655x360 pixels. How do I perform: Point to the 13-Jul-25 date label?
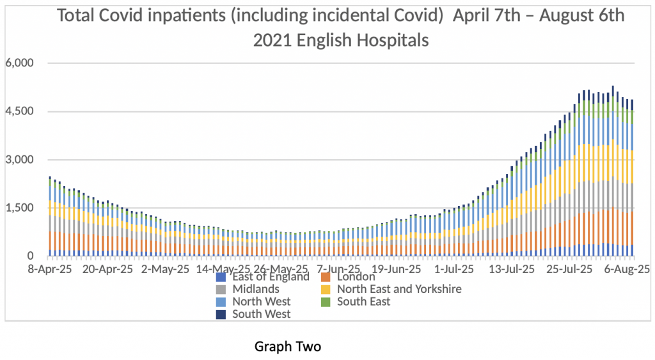coord(511,270)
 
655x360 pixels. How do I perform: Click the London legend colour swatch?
coord(325,278)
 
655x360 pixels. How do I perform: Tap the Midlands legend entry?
coord(254,289)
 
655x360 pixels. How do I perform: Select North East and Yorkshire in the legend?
coord(399,289)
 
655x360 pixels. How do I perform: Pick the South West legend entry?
coord(261,313)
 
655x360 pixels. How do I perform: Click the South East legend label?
coord(363,301)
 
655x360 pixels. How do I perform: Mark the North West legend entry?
coord(261,301)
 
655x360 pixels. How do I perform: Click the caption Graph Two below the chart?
coord(287,347)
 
